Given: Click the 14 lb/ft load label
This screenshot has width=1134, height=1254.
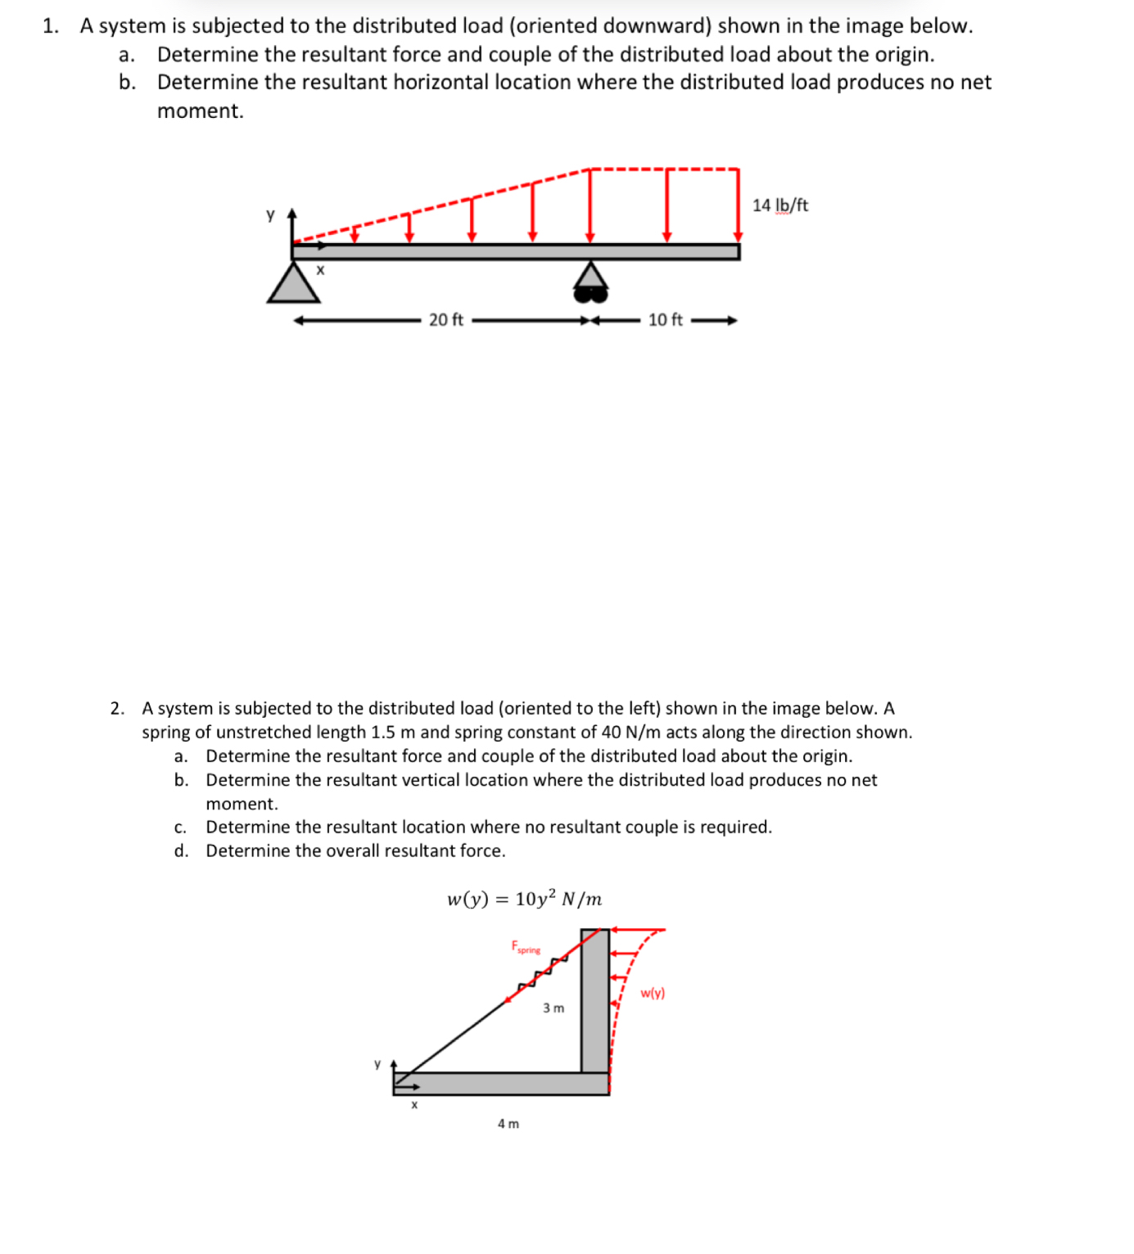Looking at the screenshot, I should point(779,205).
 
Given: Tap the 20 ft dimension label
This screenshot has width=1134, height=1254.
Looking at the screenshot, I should point(445,320).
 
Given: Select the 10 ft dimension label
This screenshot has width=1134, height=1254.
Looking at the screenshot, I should point(665,320).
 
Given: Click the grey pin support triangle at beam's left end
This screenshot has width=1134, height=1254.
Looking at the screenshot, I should point(293,283).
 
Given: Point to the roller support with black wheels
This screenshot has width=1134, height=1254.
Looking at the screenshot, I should point(590,281).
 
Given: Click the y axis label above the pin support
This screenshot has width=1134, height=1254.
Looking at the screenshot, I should point(270,214).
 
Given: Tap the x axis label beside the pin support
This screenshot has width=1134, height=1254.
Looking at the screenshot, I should point(320,269).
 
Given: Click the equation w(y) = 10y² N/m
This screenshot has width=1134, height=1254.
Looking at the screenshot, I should point(524,899).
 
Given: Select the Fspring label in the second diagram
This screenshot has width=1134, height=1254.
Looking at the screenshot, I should point(526,947).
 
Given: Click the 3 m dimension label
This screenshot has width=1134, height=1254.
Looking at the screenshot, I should point(553,1008).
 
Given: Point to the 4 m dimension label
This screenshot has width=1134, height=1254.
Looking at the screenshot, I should point(508,1124).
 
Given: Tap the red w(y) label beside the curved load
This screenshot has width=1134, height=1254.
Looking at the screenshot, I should point(653,993).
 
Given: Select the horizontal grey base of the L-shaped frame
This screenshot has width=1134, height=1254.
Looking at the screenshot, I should point(499,1084).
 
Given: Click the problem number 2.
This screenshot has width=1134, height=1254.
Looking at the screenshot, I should point(117,708).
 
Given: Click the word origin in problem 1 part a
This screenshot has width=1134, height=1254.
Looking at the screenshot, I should point(901,55).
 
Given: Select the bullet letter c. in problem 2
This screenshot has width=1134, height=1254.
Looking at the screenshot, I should point(180,828).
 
